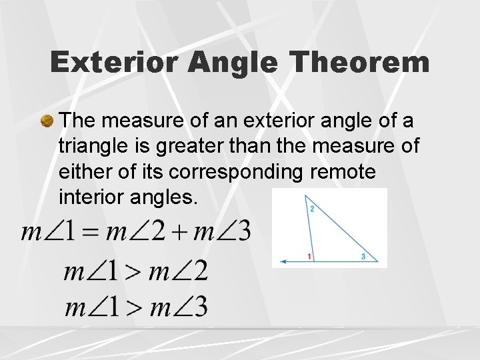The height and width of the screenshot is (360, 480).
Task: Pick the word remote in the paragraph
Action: (344, 172)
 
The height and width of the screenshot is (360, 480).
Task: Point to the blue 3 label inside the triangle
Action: (363, 256)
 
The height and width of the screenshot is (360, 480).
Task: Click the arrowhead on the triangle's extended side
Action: (284, 261)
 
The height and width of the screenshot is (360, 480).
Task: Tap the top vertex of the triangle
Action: (305, 196)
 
